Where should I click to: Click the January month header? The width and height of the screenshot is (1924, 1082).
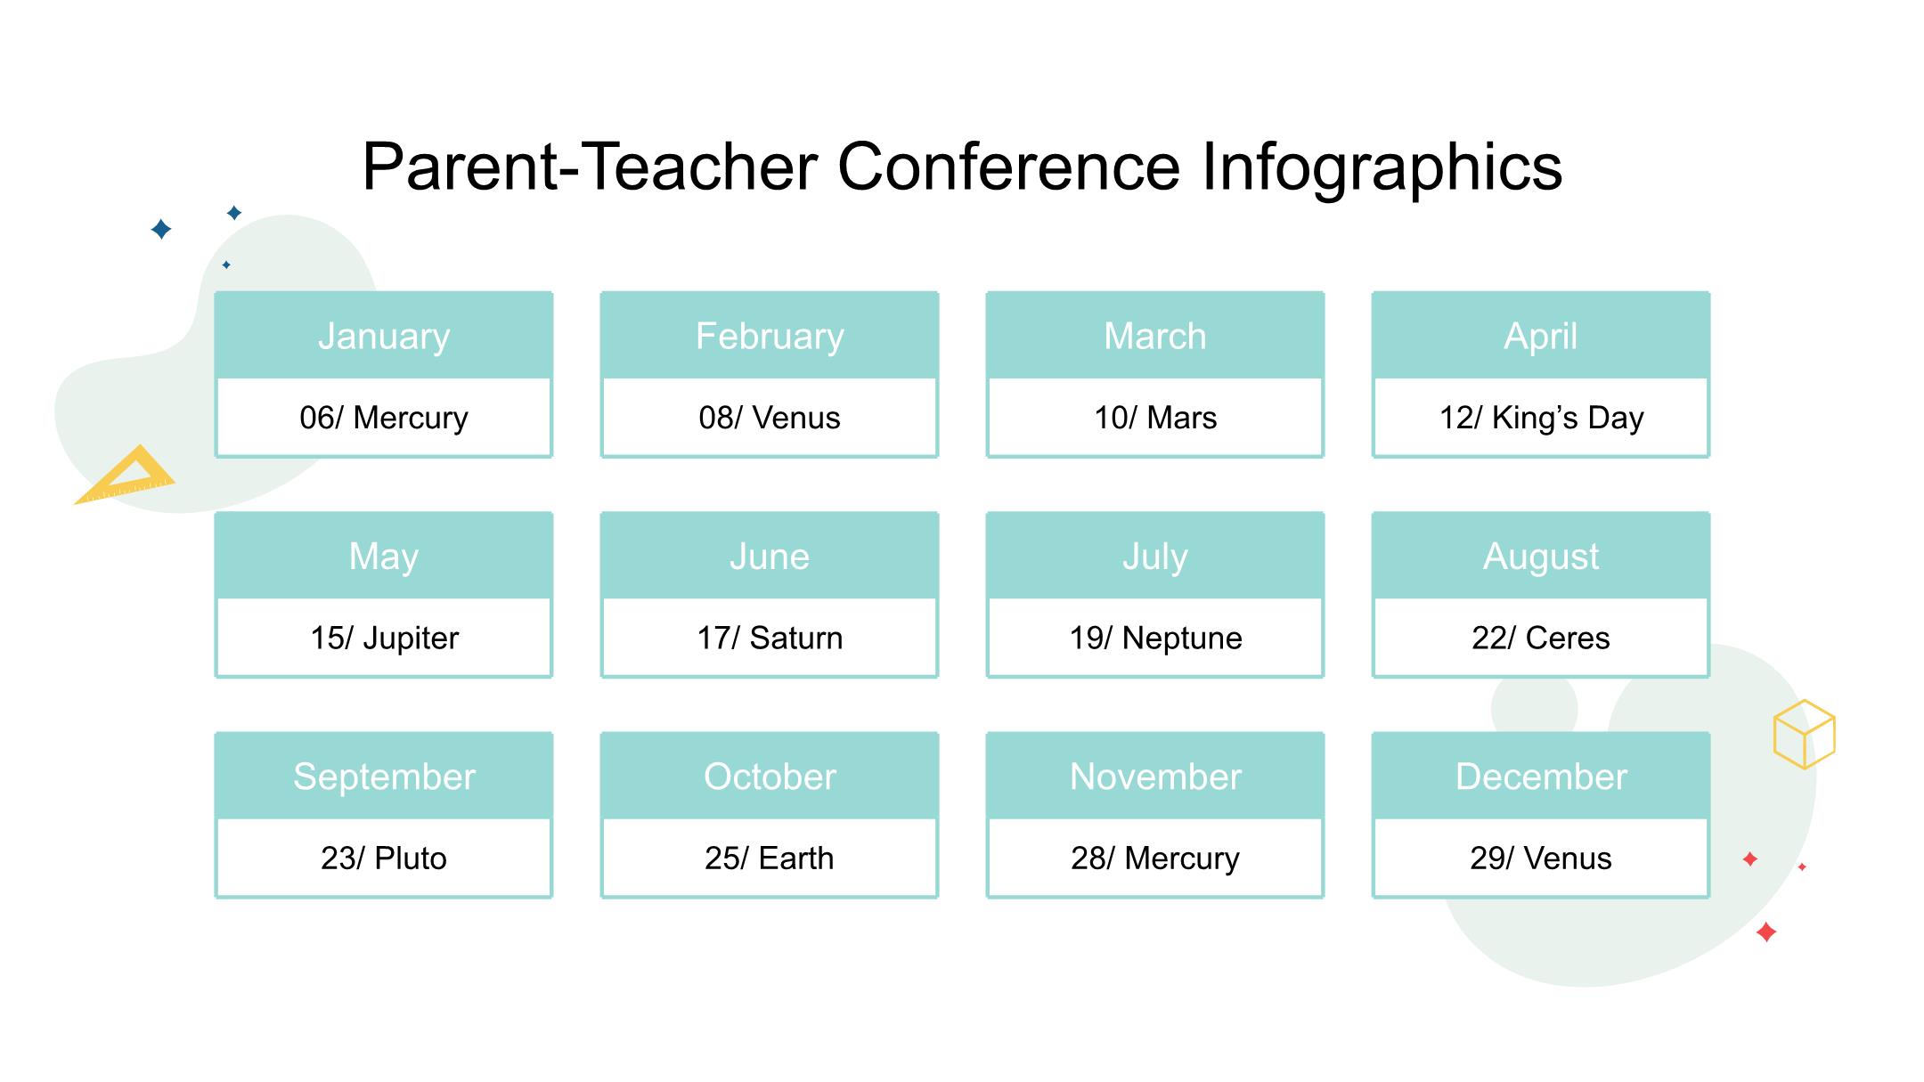(x=384, y=336)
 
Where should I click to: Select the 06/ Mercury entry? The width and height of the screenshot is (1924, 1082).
(x=384, y=418)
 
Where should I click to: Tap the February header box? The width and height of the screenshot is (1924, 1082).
(x=770, y=336)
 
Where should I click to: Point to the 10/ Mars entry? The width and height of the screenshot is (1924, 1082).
(x=1155, y=418)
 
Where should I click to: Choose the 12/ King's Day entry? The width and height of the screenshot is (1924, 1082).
(x=1541, y=418)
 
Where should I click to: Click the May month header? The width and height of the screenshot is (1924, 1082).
(x=384, y=556)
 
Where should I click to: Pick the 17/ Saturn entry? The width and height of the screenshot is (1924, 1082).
(x=770, y=638)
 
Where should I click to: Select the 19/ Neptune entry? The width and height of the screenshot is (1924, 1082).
(x=1155, y=638)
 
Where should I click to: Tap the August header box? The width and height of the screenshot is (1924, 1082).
(x=1541, y=556)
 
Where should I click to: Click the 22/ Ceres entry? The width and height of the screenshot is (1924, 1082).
(x=1541, y=638)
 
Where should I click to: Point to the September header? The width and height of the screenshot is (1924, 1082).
(x=384, y=777)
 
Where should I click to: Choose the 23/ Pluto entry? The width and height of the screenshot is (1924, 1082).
(x=384, y=858)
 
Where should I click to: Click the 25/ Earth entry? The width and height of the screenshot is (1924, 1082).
(x=770, y=858)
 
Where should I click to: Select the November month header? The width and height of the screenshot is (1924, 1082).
(x=1155, y=777)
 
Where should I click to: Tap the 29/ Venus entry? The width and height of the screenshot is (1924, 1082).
(x=1541, y=858)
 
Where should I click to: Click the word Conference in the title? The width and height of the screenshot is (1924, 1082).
(x=1009, y=167)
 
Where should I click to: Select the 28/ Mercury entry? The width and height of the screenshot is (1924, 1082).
(x=1155, y=858)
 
